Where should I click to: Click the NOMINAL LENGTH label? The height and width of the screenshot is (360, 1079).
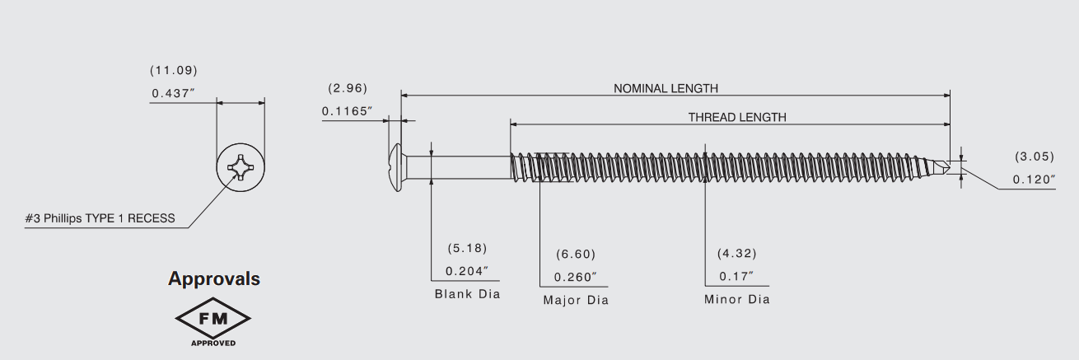(x=666, y=88)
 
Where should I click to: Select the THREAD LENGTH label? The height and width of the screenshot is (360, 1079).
(x=736, y=117)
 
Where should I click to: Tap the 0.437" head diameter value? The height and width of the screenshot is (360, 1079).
(x=173, y=93)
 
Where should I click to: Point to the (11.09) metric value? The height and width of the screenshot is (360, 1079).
(x=173, y=70)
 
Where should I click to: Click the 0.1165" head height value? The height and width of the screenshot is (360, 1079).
(x=347, y=110)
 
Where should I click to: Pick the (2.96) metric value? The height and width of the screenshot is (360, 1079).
(x=347, y=88)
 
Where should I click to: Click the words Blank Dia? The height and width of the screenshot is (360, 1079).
(x=467, y=294)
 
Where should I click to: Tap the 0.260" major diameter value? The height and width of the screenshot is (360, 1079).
(x=575, y=277)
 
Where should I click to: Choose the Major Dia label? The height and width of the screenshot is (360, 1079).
(x=576, y=300)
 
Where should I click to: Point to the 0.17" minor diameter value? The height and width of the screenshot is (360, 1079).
(x=736, y=276)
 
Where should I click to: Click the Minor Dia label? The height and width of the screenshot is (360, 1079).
(x=736, y=299)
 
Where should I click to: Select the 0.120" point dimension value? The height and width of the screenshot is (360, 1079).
(x=1035, y=180)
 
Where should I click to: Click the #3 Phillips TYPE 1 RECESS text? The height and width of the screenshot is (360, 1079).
(x=100, y=218)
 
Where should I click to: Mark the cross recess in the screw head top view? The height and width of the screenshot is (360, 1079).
(x=241, y=169)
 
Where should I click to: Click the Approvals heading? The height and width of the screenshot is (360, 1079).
(x=214, y=278)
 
